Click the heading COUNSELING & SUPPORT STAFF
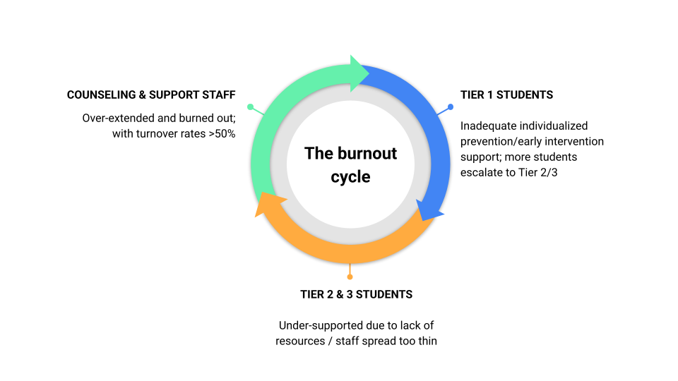click(151, 95)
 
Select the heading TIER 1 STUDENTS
click(506, 95)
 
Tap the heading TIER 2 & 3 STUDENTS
click(357, 294)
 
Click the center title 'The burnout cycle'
click(350, 164)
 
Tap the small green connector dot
click(250, 107)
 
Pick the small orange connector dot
click(350, 277)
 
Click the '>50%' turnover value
click(221, 133)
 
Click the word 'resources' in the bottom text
click(298, 341)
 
